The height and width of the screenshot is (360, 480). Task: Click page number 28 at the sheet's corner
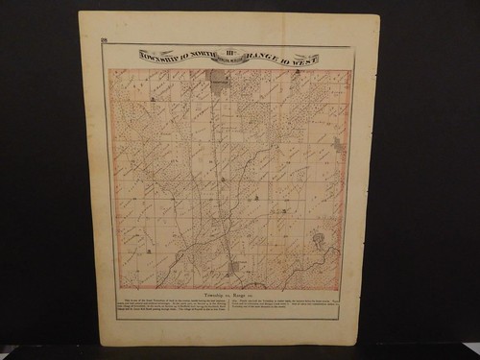(104, 39)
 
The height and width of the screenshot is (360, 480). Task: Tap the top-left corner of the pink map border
(108, 69)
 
